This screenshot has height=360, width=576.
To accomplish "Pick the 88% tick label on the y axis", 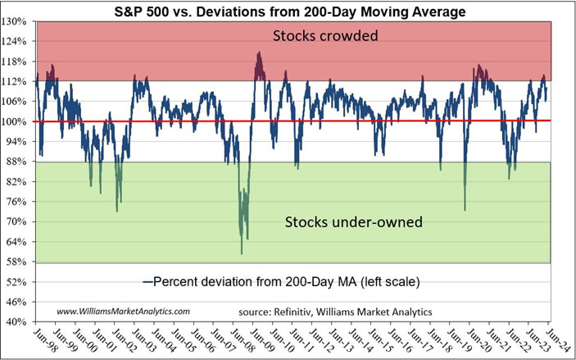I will tap(17, 162).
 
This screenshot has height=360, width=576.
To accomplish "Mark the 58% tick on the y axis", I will tap(17, 262).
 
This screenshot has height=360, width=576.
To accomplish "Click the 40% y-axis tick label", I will tap(17, 321).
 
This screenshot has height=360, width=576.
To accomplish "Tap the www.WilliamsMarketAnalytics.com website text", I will tap(123, 311).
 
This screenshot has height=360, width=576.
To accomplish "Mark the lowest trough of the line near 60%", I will tap(241, 253).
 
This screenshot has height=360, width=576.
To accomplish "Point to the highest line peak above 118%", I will tap(259, 52).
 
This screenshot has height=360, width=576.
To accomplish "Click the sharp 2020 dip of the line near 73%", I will tap(465, 210).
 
